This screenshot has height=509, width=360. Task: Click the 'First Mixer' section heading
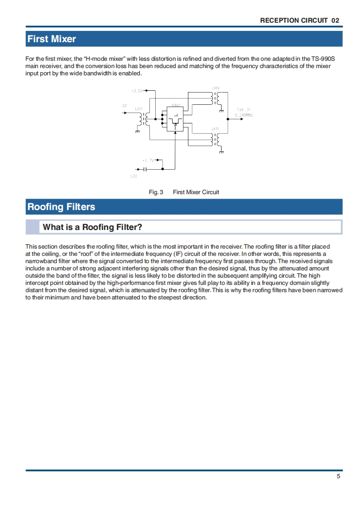[x=52, y=39]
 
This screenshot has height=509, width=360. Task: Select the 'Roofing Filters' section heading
[x=61, y=207]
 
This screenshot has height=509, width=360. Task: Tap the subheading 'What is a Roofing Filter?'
[x=92, y=227]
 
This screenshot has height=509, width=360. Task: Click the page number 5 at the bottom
[x=339, y=476]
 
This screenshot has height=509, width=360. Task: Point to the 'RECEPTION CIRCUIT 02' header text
[x=300, y=20]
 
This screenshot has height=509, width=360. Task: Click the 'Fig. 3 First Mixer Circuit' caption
[x=184, y=192]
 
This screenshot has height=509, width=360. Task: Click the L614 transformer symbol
[x=215, y=98]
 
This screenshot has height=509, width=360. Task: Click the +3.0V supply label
[x=137, y=91]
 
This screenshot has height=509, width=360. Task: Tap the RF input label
[x=124, y=106]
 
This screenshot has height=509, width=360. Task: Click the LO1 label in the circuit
[x=133, y=176]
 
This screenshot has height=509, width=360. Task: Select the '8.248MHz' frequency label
[x=244, y=115]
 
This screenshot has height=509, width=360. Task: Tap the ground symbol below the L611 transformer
[x=137, y=132]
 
